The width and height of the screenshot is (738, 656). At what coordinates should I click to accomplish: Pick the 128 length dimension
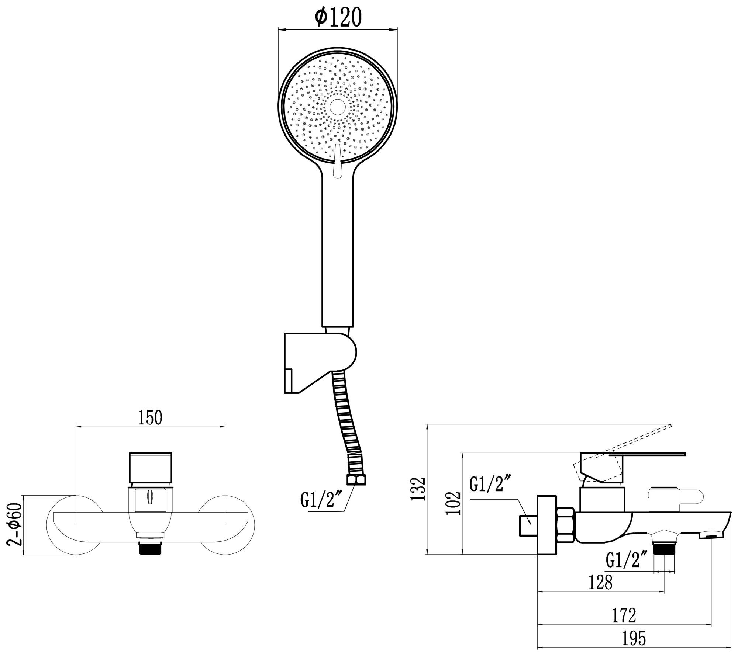coord(600,582)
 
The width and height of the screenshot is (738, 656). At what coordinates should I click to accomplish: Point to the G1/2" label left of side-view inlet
coord(487,485)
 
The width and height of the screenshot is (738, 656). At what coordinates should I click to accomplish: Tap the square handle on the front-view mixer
coord(151,467)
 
